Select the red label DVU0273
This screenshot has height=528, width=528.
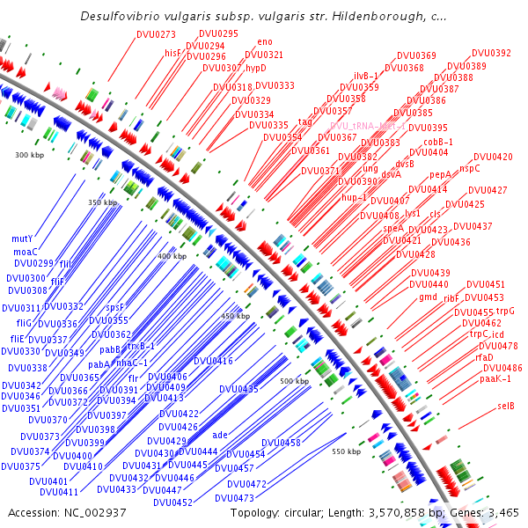tap(156, 34)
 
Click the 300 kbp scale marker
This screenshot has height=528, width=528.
tap(29, 155)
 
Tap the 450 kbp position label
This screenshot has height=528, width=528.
tap(236, 316)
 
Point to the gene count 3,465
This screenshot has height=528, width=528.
tap(502, 512)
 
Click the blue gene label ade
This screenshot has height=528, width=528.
tap(220, 435)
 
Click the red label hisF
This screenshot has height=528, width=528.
tap(172, 53)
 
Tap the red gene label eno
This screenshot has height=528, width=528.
tap(265, 41)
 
